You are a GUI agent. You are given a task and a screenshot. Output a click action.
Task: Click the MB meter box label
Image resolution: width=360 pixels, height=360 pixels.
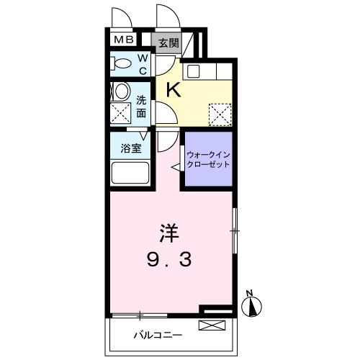(x=120, y=40)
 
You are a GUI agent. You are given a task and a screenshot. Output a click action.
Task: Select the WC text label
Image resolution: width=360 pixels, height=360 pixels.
(x=143, y=63)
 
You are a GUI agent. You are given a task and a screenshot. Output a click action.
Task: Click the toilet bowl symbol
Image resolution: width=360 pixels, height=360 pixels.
(x=122, y=64)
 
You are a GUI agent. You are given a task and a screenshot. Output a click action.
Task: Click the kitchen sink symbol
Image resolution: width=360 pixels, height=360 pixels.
(x=194, y=71)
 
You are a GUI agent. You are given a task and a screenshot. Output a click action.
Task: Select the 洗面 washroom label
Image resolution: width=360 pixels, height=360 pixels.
(x=142, y=107)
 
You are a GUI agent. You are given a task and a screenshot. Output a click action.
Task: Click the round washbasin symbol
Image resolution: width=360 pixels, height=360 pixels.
(x=122, y=91)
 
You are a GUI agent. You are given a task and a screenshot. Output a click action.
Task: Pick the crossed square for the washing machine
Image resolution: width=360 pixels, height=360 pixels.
(x=121, y=112)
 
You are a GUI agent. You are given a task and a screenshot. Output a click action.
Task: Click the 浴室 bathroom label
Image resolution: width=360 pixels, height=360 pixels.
(x=130, y=150)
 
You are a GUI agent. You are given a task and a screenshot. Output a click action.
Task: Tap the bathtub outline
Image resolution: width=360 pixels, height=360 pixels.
(x=130, y=174)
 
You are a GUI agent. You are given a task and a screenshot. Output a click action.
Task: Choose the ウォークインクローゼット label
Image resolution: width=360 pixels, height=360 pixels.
(x=208, y=159)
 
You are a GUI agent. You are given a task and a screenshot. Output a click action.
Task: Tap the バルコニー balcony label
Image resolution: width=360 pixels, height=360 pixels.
(x=158, y=335)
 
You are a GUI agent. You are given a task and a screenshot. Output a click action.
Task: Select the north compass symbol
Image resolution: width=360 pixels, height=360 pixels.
(x=252, y=307)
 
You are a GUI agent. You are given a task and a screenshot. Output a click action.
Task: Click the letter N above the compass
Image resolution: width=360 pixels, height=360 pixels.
(x=248, y=292)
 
